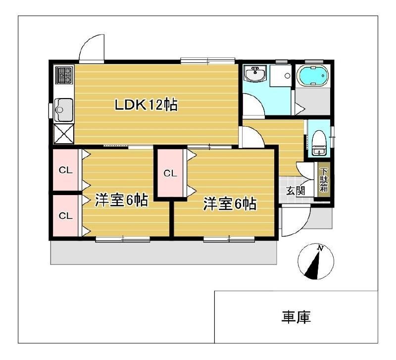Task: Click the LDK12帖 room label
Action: [147, 105]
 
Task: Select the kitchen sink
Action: [64, 108]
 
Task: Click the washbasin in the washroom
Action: [256, 74]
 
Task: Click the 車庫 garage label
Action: [296, 317]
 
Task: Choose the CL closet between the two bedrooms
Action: [170, 173]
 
